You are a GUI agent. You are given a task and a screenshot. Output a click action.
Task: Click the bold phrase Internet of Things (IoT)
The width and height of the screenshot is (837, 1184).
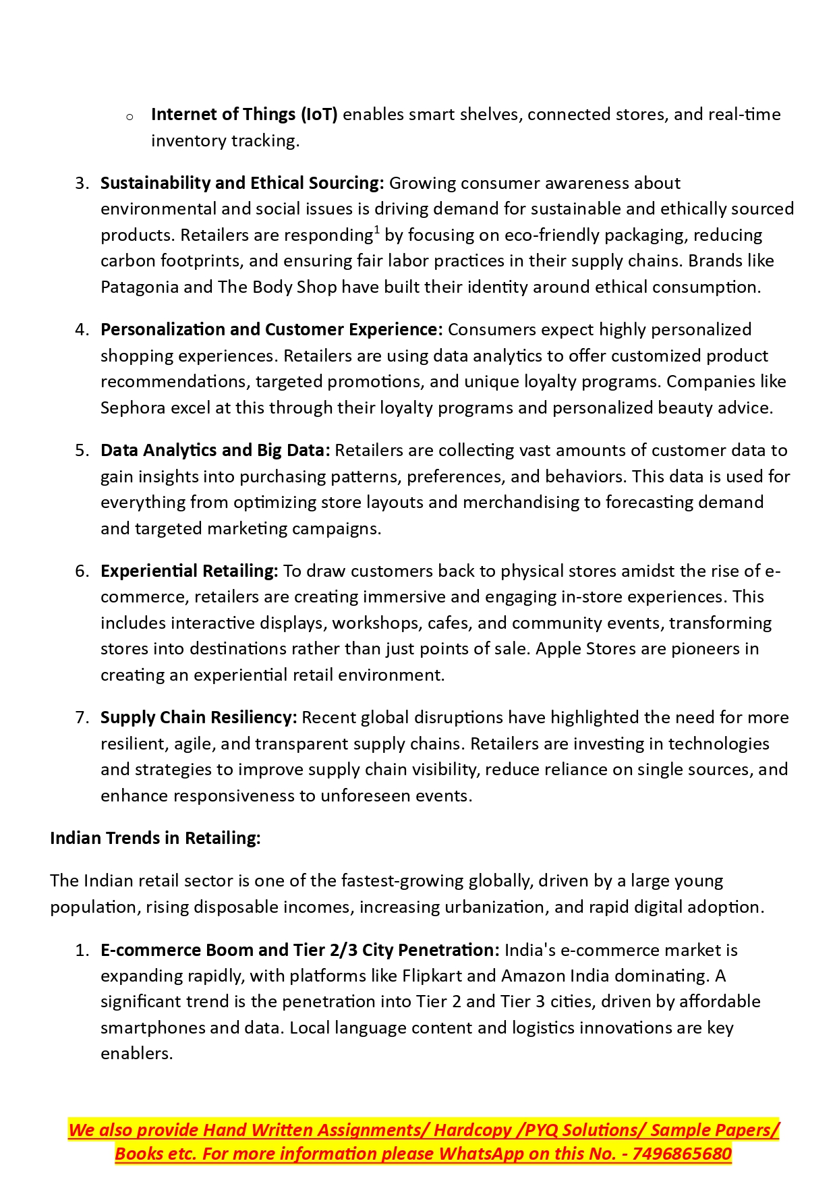[244, 115]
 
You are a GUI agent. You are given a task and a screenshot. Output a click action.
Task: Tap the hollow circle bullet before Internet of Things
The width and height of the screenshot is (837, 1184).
[129, 117]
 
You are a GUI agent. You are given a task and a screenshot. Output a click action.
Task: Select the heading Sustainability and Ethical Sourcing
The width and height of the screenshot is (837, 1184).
[242, 184]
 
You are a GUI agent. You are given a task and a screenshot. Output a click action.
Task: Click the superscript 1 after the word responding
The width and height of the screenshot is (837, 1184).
[377, 230]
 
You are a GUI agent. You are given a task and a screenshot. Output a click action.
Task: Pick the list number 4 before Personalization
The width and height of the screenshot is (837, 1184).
[82, 330]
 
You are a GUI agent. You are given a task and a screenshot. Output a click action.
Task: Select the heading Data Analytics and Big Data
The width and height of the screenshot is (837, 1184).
[215, 451]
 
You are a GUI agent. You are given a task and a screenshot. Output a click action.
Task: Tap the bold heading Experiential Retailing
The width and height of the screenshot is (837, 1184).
[189, 571]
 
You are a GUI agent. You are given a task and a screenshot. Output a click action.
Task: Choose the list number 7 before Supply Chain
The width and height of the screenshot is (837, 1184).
[82, 718]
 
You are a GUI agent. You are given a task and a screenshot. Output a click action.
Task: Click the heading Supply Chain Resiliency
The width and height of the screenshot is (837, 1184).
[198, 718]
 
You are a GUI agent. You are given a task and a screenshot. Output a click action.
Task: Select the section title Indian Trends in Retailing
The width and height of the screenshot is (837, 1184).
[155, 839]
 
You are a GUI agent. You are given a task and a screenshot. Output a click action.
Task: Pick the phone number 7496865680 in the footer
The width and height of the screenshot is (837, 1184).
[682, 1154]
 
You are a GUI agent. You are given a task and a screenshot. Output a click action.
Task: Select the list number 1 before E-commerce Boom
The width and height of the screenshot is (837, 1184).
[82, 951]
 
